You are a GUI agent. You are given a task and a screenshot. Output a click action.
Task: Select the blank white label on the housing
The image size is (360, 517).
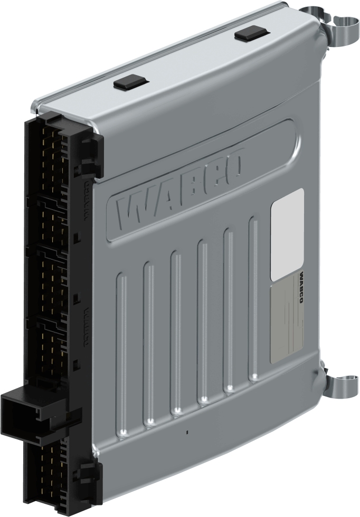(287, 234)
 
